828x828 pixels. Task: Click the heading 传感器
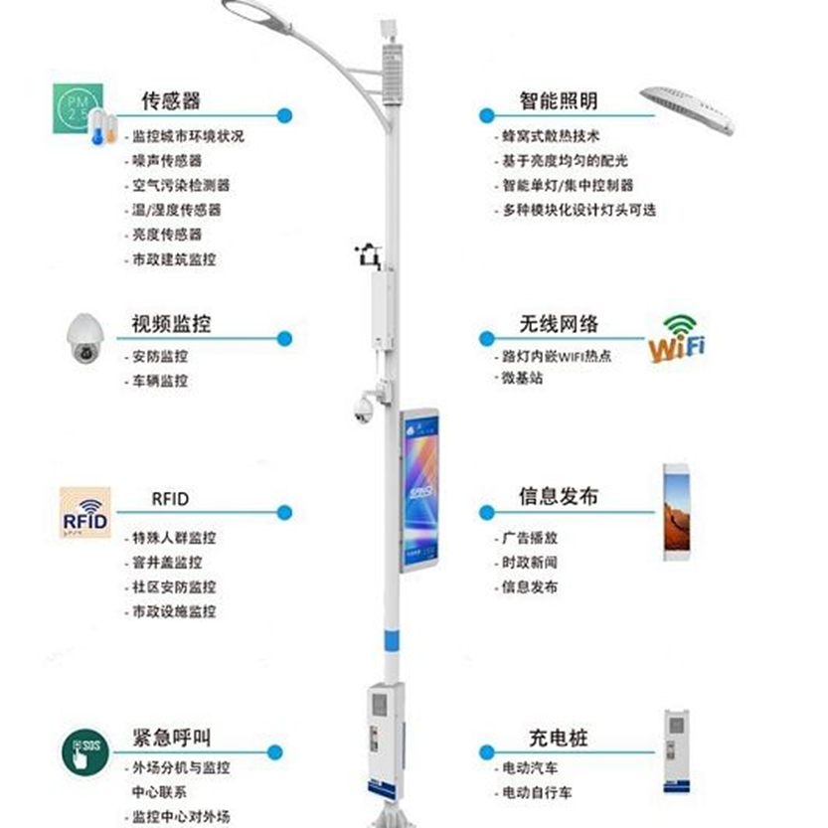(171, 100)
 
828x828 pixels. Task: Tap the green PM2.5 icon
(78, 108)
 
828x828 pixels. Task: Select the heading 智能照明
(559, 100)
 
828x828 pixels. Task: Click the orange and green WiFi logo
(677, 339)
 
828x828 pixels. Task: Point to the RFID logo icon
(85, 512)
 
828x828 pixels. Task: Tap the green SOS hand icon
(85, 751)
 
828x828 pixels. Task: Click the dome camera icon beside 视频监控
(84, 339)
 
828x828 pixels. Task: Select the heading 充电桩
(559, 738)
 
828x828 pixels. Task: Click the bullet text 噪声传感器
(167, 161)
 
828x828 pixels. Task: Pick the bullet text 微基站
(522, 378)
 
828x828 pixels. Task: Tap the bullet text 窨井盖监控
(167, 563)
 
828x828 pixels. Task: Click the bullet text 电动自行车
(537, 792)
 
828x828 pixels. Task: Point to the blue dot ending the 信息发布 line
(486, 512)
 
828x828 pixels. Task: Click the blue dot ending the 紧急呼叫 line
(274, 752)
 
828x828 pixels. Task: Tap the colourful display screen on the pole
(419, 490)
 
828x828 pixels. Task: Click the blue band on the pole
(391, 640)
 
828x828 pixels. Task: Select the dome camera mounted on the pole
(364, 410)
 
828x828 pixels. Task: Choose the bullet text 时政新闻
(529, 563)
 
